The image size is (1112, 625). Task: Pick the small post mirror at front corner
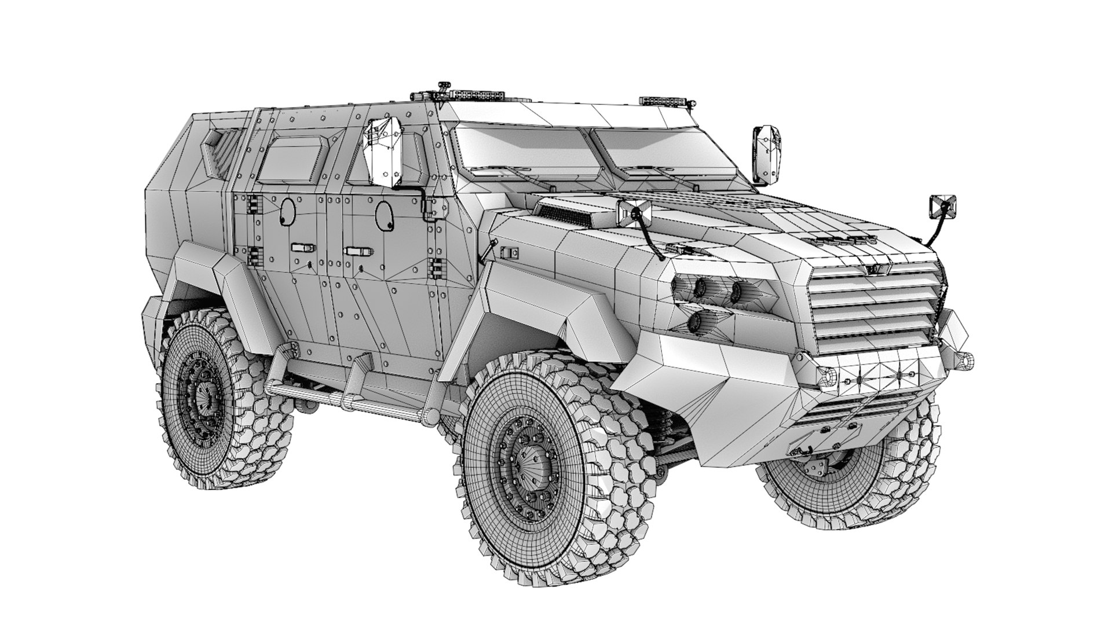942,207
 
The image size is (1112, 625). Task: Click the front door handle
358,251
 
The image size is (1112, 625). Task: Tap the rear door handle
303,247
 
